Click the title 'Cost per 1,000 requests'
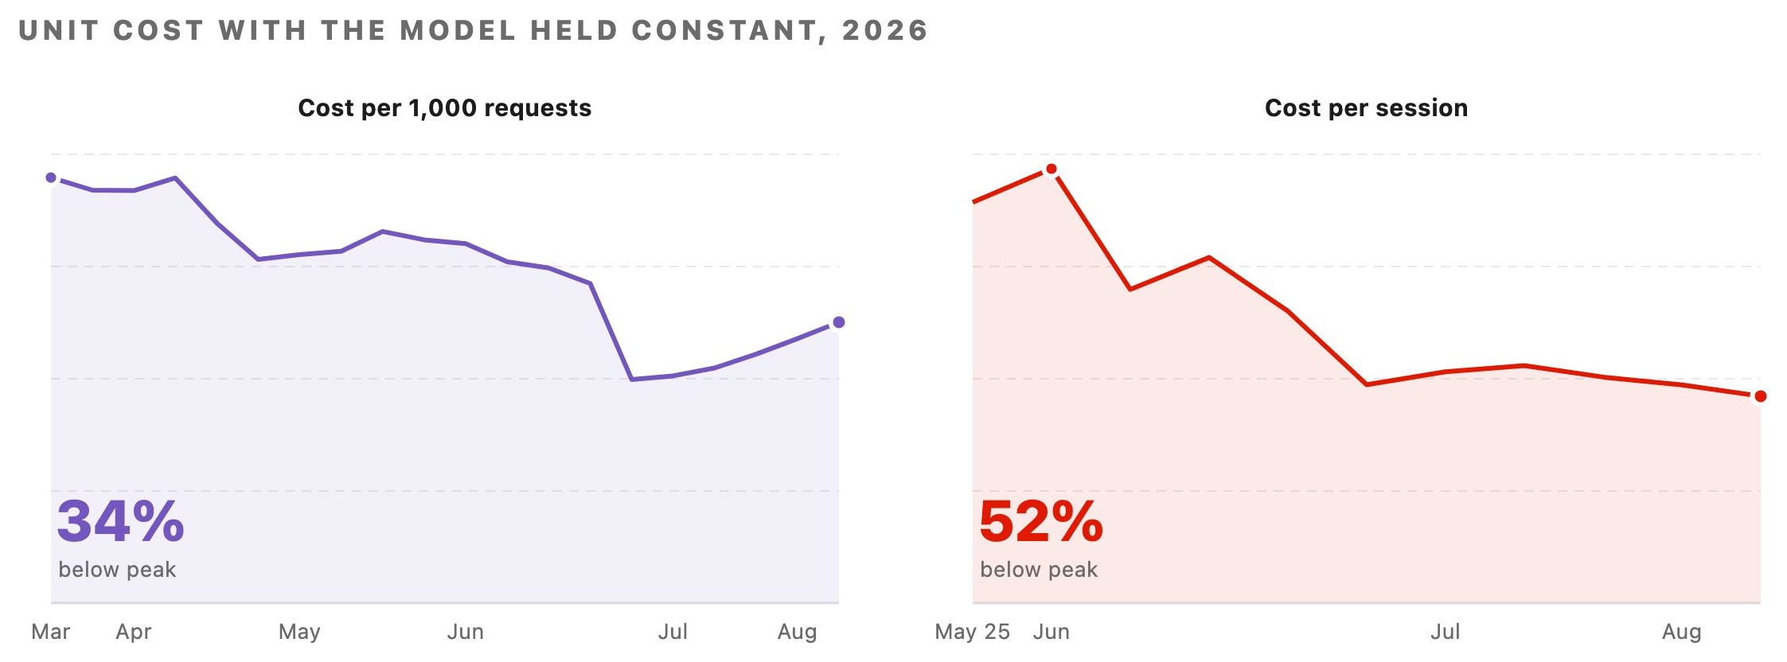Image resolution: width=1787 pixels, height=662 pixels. [x=444, y=108]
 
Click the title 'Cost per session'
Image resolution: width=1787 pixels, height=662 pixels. [x=1366, y=108]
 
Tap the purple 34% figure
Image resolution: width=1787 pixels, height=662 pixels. [x=121, y=522]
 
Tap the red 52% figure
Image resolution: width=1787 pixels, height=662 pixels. [x=1041, y=522]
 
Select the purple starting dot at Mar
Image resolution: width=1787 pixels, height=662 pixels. [x=51, y=177]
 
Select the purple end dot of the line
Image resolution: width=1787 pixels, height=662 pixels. [x=839, y=322]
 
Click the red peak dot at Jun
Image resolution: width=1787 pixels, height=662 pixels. [x=1052, y=169]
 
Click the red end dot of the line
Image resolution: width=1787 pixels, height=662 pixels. [x=1761, y=396]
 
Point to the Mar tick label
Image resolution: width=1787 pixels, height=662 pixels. [x=51, y=632]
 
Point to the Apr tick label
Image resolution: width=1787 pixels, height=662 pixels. [x=134, y=633]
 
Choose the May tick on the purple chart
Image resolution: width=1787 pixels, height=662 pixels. [x=299, y=633]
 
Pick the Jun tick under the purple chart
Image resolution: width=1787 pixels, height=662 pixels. [x=466, y=632]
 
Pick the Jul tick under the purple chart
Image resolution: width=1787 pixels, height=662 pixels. [x=673, y=632]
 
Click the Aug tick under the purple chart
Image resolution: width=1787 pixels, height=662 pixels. [x=798, y=633]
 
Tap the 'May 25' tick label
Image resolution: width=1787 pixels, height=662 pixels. [x=973, y=633]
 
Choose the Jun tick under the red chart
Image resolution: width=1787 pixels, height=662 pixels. [x=1052, y=632]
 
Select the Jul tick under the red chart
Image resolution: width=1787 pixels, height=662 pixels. [x=1446, y=632]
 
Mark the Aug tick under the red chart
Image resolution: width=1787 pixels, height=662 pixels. [x=1682, y=633]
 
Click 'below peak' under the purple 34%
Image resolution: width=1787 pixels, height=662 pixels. [x=117, y=570]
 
